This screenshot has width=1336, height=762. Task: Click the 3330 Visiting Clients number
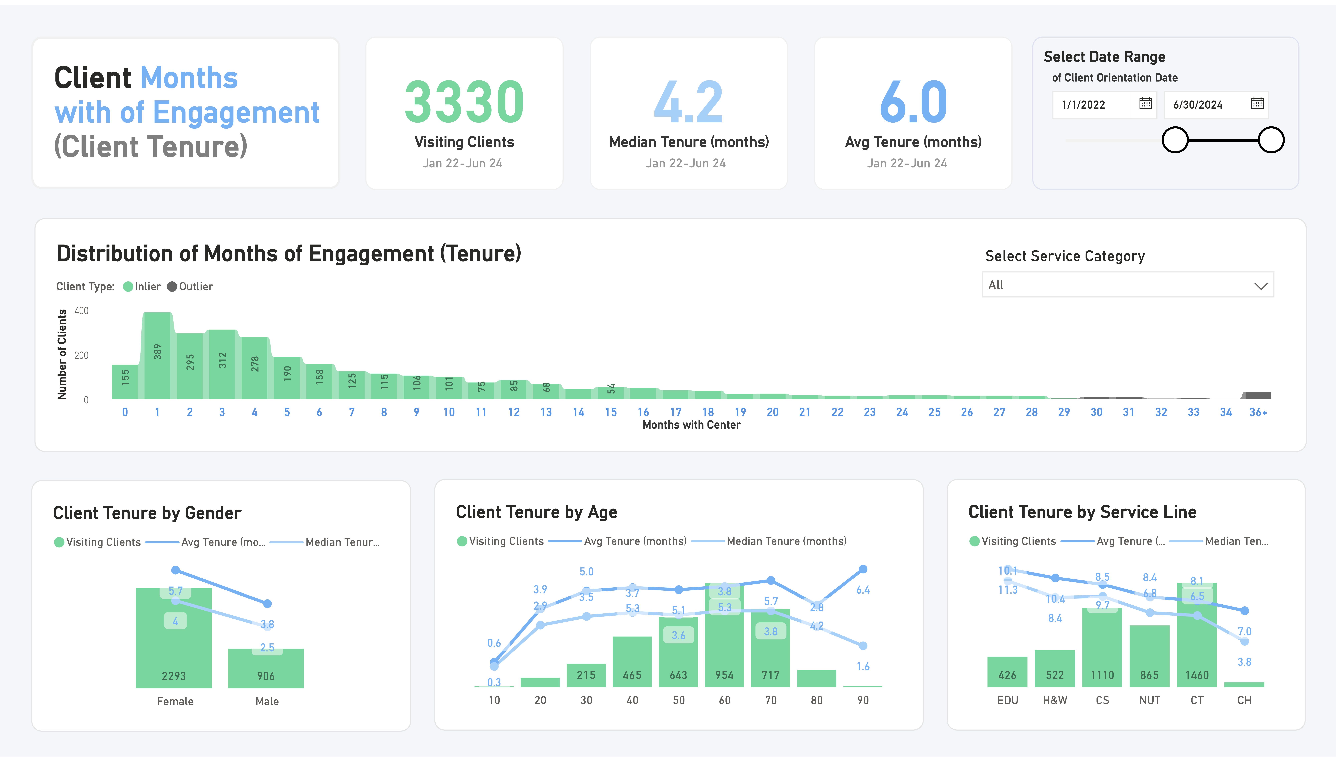pyautogui.click(x=464, y=102)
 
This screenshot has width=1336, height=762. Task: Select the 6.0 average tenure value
pyautogui.click(x=913, y=102)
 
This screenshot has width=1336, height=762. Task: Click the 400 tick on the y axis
pyautogui.click(x=82, y=311)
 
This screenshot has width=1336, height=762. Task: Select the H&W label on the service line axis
pyautogui.click(x=1054, y=700)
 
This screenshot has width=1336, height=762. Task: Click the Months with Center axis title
pyautogui.click(x=691, y=425)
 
